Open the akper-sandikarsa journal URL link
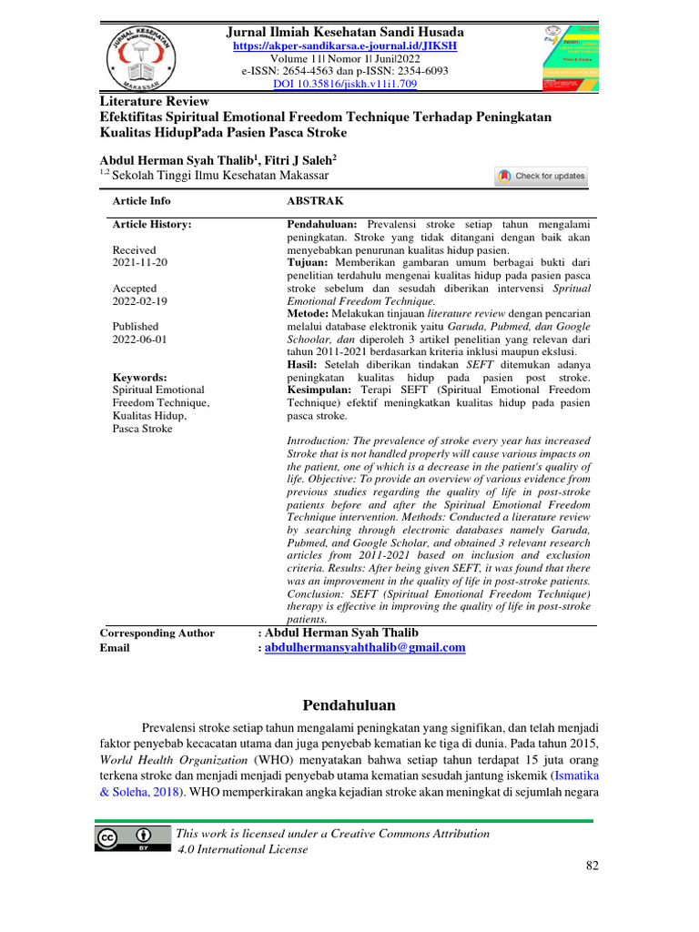coord(345,45)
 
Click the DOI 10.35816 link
coord(345,84)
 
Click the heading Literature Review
coord(154,101)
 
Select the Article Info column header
coord(141,200)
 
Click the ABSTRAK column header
coord(315,200)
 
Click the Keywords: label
coord(139,377)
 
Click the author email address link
coord(365,647)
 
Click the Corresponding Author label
coord(157,633)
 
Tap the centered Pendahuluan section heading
coord(349,705)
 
